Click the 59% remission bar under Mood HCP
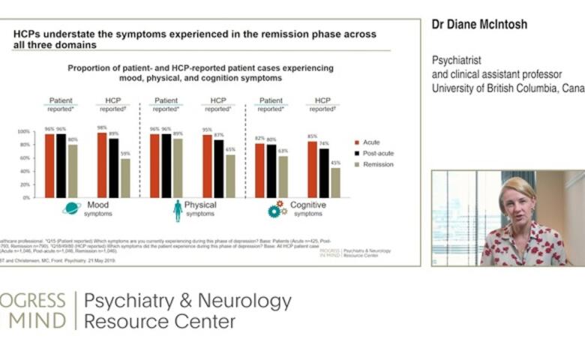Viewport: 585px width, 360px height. pos(124,178)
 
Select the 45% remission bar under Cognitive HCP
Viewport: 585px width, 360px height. pos(335,182)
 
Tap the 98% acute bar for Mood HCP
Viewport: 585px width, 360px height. pos(102,165)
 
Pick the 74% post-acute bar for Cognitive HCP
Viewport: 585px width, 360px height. pos(324,172)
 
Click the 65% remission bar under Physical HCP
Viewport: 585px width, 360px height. pos(230,176)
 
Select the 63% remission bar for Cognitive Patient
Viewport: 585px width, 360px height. pos(282,176)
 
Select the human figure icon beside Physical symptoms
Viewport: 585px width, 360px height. pos(178,210)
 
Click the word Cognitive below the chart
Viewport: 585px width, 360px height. pos(307,205)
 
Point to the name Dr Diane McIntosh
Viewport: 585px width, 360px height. pos(479,25)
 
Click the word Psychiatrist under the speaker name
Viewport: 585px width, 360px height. pos(459,59)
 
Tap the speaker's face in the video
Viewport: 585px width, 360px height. pos(518,207)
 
